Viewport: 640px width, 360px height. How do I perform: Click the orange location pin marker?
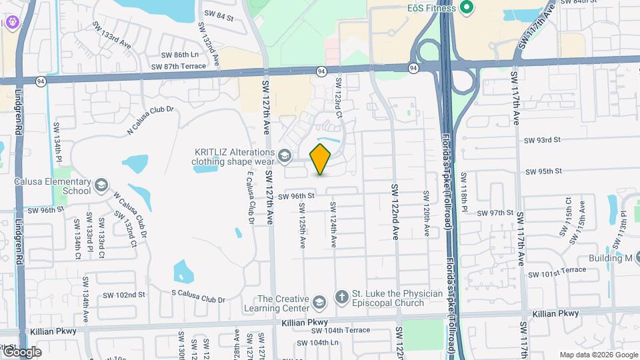tap(321, 158)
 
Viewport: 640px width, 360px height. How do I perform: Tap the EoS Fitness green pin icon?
tap(467, 8)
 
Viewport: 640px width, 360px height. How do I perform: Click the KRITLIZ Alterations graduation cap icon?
tap(285, 156)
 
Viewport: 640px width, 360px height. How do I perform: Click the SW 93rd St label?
tap(543, 140)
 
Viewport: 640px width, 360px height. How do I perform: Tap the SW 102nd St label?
tap(124, 295)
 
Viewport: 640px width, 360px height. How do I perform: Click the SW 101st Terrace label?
tap(557, 272)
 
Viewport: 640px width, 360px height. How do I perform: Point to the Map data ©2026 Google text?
tap(598, 355)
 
